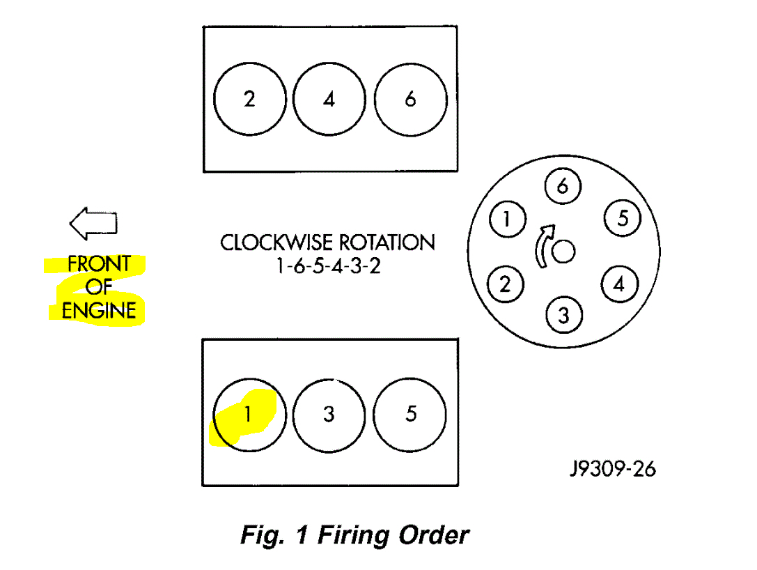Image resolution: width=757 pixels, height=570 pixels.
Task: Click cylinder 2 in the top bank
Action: click(250, 98)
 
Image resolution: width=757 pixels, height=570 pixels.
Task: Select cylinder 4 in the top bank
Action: click(329, 98)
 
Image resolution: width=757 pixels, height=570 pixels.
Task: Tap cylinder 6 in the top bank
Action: click(410, 98)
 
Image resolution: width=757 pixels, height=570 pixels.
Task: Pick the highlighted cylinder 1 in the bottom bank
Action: click(247, 415)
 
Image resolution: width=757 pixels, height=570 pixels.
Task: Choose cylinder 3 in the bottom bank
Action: click(329, 415)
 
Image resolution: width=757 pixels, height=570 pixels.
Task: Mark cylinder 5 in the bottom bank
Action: click(410, 415)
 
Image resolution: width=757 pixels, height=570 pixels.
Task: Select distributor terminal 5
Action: click(623, 219)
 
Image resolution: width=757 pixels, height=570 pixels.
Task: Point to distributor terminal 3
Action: click(563, 316)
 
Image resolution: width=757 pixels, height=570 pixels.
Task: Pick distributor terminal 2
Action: click(506, 284)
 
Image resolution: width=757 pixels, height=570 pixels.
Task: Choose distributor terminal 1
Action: click(507, 220)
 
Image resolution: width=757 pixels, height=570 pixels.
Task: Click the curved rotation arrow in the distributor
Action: click(542, 245)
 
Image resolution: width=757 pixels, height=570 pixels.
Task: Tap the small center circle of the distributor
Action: click(563, 252)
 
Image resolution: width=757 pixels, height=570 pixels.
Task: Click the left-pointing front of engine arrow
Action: click(93, 222)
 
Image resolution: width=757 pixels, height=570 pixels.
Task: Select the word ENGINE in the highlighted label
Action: click(98, 310)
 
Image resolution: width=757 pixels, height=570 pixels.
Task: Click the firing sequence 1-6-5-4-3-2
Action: click(328, 267)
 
